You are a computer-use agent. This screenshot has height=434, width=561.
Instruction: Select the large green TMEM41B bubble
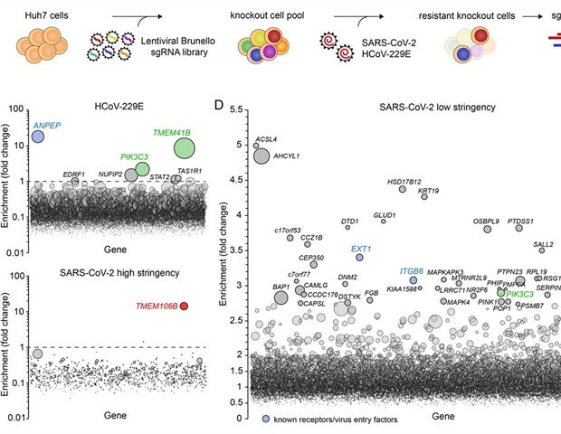[185, 146]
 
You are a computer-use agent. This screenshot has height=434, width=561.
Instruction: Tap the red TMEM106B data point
[184, 307]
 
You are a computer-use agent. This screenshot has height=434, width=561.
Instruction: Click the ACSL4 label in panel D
[266, 139]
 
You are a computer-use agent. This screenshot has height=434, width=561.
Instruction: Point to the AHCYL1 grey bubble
[261, 156]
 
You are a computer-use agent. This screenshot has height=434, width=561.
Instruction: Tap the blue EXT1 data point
[359, 258]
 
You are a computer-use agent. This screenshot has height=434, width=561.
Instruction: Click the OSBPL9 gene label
[486, 221]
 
